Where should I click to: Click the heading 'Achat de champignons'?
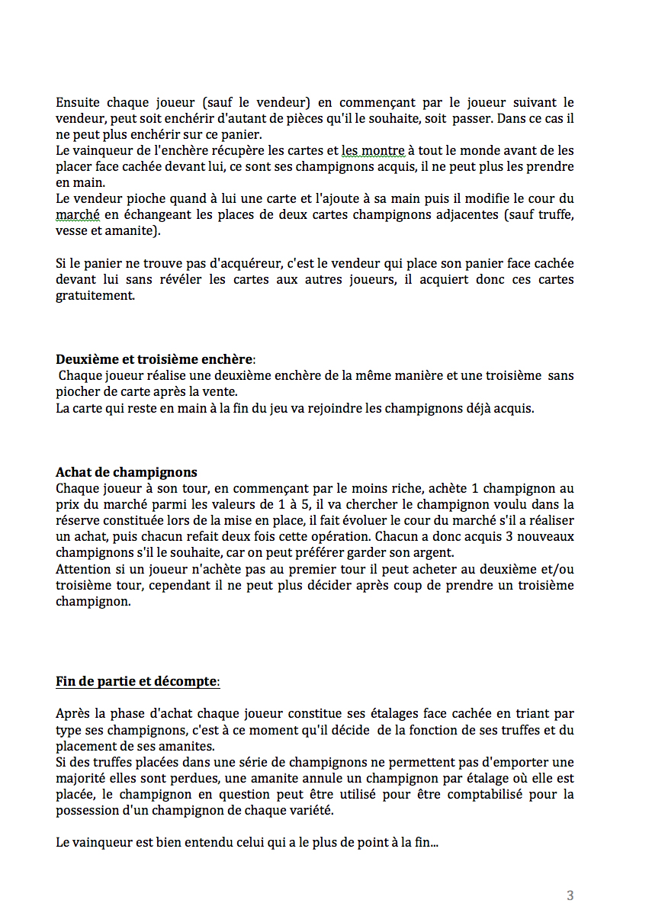click(127, 472)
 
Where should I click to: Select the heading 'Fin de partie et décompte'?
click(137, 680)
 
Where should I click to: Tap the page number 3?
click(570, 896)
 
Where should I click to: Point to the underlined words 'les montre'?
click(373, 151)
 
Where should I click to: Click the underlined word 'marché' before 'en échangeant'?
click(78, 215)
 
